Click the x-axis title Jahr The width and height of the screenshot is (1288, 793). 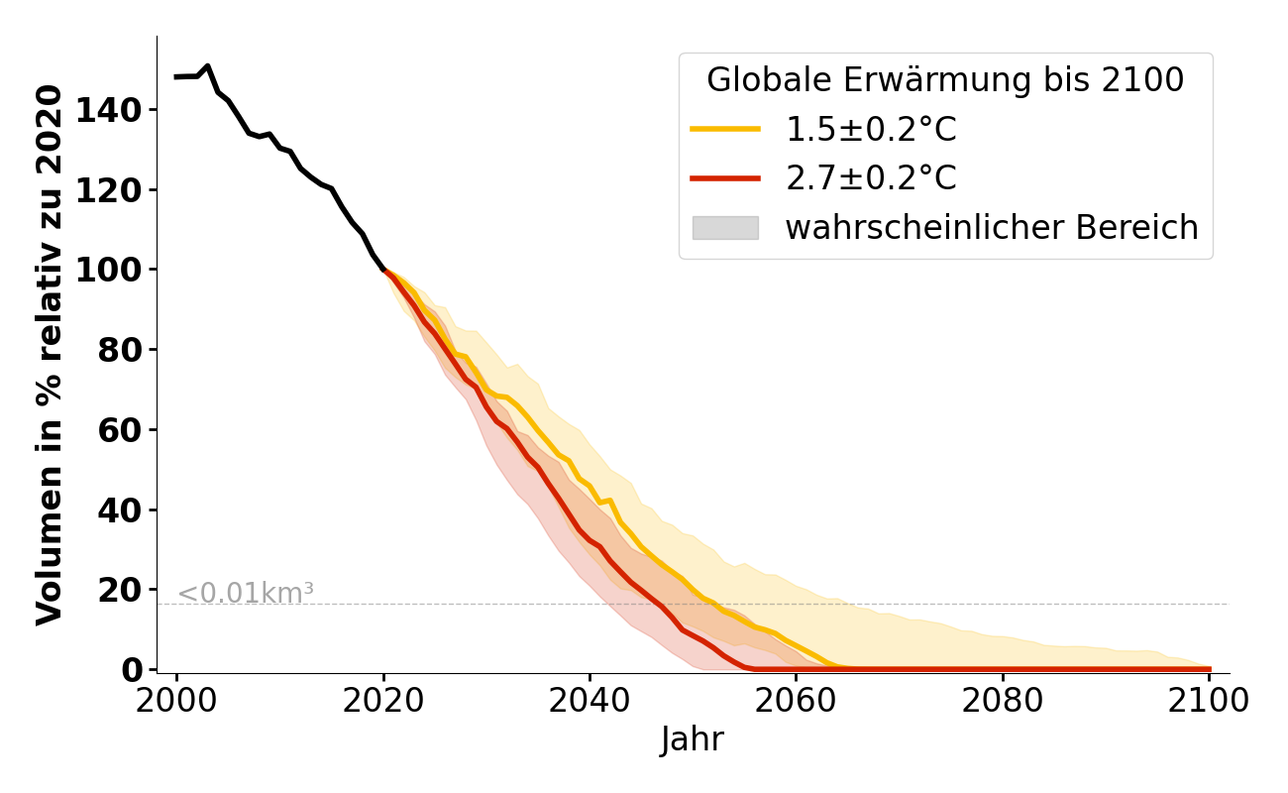[x=692, y=740]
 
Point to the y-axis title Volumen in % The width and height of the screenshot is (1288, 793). [x=50, y=355]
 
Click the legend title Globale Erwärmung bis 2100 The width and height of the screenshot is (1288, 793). [x=945, y=80]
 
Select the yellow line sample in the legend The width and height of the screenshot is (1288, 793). [x=725, y=130]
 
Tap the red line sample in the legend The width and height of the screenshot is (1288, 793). [x=725, y=178]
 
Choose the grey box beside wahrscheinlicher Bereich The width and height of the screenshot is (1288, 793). [x=725, y=228]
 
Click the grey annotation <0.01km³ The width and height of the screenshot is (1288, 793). [x=246, y=594]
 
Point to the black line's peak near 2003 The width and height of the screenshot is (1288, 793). [x=207, y=66]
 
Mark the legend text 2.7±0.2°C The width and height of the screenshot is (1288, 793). [x=871, y=178]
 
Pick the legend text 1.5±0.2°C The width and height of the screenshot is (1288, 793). [x=871, y=130]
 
